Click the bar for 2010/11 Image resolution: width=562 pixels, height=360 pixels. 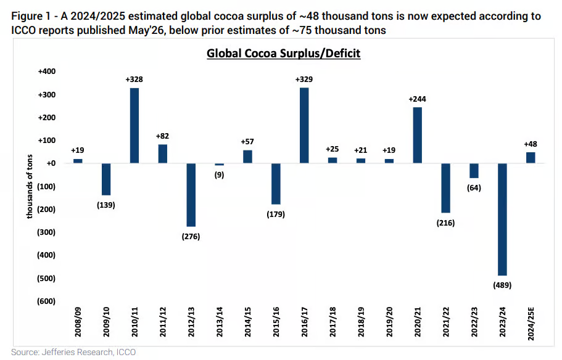134,126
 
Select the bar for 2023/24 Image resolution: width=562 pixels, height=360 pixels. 503,219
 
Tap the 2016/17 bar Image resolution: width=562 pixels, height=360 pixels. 304,126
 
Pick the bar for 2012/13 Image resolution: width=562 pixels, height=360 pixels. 191,195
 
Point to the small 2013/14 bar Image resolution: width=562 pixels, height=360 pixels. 220,165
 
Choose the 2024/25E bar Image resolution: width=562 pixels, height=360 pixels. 531,158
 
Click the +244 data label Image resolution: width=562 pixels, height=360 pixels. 418,99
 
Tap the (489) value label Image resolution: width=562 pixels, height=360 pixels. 503,285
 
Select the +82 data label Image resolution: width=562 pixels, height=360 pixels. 162,136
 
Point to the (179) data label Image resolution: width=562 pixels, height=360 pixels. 276,214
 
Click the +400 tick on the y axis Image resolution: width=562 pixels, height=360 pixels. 47,72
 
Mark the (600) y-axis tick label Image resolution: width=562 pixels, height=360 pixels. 46,301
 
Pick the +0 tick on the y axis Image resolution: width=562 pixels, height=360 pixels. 51,163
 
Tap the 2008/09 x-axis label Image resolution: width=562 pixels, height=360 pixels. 78,322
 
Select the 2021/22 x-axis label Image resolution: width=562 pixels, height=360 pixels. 446,322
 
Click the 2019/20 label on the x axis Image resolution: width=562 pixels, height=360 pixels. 389,322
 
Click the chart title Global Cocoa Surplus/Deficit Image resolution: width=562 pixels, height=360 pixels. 284,54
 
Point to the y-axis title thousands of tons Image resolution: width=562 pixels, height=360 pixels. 30,186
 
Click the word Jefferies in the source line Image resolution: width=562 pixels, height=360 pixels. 57,353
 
